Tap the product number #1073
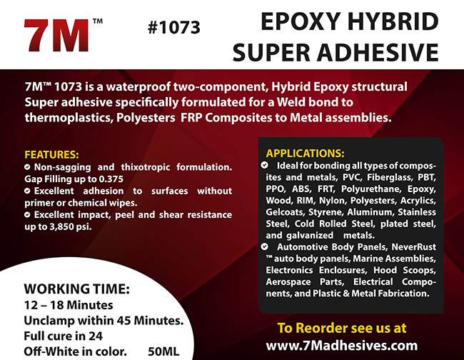pyautogui.click(x=175, y=28)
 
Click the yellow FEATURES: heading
pyautogui.click(x=51, y=154)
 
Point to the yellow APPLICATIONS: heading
pyautogui.click(x=305, y=154)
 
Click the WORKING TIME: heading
pyautogui.click(x=76, y=289)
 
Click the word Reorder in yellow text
pyautogui.click(x=321, y=328)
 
